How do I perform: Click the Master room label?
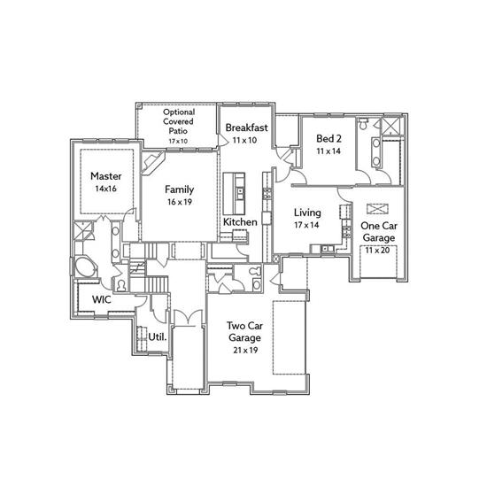coord(106,176)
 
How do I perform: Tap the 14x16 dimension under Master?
coord(106,189)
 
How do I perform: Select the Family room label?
coord(180,189)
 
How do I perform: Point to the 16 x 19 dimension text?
coord(180,202)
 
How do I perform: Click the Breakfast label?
coord(247,128)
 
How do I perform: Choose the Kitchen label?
coord(240,222)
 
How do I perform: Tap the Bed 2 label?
coord(329,138)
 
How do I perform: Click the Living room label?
coord(307,213)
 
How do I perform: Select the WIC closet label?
coord(102,299)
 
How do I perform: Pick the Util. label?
coord(158,337)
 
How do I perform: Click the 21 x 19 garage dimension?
coord(245,351)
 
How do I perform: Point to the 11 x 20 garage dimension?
coord(377,250)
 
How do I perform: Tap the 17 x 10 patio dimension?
coord(178,141)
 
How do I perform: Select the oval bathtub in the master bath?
coord(84,267)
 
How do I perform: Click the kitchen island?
coord(234,194)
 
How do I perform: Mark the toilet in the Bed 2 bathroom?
coord(363,124)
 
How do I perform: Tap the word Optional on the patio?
coord(179,112)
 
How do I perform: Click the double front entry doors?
coord(188,318)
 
